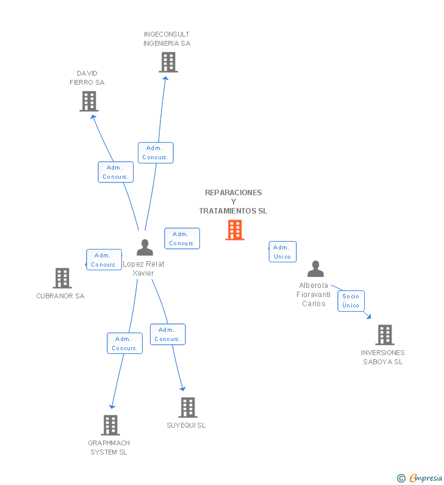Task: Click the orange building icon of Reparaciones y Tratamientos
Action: tap(235, 230)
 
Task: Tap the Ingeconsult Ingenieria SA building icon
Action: tap(168, 62)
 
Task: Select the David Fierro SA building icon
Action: tap(89, 101)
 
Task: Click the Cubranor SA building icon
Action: tap(62, 278)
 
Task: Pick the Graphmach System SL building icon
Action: tap(110, 425)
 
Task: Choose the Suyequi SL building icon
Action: tap(188, 408)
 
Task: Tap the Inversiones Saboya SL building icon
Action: tap(384, 335)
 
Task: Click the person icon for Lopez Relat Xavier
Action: tap(145, 248)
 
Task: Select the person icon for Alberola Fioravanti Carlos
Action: tap(315, 269)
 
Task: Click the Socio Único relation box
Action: tap(351, 301)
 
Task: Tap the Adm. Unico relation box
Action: tap(282, 252)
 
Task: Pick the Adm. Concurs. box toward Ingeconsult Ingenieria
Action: tap(156, 153)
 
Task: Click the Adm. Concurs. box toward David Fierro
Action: tap(115, 172)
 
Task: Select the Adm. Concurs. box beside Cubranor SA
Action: tap(104, 260)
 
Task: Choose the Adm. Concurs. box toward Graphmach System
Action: tap(124, 343)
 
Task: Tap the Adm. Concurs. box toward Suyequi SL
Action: tap(168, 334)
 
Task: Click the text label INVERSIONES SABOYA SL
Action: tap(382, 357)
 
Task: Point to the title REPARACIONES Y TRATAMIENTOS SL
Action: tap(233, 201)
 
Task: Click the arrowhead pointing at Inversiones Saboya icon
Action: tap(368, 315)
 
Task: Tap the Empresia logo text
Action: tap(425, 478)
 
